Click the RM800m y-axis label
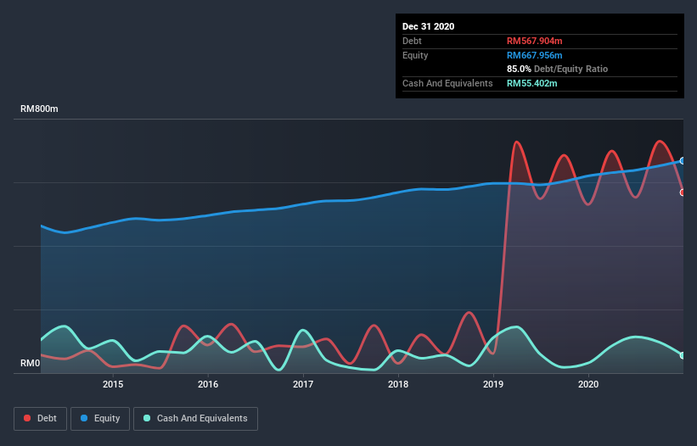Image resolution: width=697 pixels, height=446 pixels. [x=39, y=109]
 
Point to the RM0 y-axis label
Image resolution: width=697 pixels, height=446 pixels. [x=31, y=364]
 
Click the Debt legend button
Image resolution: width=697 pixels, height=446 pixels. [x=40, y=418]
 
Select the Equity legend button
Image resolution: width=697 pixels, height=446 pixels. [x=101, y=418]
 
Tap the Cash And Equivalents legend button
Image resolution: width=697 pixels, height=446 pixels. [x=195, y=418]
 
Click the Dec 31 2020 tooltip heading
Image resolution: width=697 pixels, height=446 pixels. [x=428, y=26]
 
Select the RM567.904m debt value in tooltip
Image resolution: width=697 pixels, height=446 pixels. [x=535, y=41]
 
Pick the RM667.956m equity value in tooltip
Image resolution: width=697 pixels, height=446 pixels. [x=535, y=55]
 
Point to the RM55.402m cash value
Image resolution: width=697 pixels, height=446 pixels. [x=531, y=83]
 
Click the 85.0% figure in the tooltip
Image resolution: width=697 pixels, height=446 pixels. [x=519, y=69]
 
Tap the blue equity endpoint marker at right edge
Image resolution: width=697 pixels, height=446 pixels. [x=682, y=160]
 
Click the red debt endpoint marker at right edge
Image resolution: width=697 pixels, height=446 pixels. [x=682, y=192]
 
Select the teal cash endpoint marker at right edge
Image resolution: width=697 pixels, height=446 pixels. [x=682, y=355]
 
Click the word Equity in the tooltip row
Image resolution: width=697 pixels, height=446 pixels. [x=415, y=55]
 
